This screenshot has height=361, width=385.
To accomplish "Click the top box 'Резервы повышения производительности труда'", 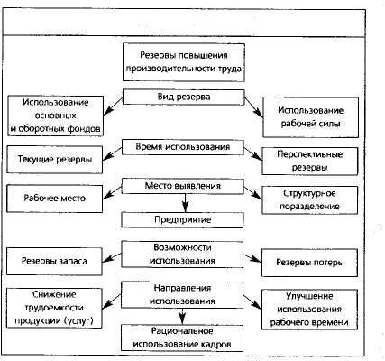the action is point(184,62).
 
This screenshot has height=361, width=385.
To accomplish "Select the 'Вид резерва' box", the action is point(184,97).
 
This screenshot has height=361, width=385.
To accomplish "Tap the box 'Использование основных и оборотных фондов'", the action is point(56,116).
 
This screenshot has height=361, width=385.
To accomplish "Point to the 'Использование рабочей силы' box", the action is point(311,117).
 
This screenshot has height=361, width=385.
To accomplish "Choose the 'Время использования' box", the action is point(183,147).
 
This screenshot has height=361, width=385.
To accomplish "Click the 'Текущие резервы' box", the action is point(55,160).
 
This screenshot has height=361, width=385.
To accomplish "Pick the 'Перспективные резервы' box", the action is point(310,161).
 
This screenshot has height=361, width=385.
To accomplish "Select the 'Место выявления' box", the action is point(183,186).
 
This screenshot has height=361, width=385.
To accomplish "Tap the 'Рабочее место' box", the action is point(55,199).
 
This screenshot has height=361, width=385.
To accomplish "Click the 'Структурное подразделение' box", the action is point(310,200).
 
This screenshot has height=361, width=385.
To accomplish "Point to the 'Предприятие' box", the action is point(183,220).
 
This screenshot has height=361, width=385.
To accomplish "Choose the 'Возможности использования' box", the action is point(182,255).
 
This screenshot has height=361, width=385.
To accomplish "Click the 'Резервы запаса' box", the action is point(54,261).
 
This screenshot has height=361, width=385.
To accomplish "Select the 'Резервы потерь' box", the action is point(309,263).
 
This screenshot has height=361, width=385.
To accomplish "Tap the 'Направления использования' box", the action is point(182,295).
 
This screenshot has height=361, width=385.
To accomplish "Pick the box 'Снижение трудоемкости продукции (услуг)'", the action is point(54,308).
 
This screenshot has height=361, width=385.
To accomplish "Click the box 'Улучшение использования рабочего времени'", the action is point(309,310).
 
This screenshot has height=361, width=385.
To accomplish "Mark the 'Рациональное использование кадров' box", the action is point(182,338).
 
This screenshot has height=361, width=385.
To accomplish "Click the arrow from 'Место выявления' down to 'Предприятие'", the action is point(185,203).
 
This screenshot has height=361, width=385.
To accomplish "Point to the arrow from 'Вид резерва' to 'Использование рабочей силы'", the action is point(253,106).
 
